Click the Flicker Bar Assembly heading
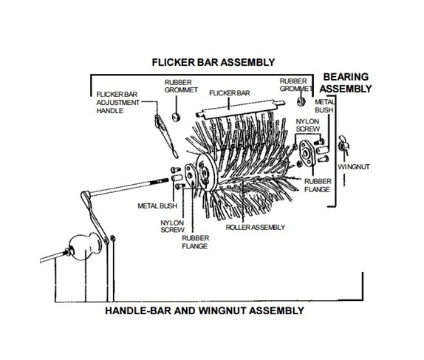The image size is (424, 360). (213, 63)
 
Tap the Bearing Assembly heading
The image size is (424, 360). (346, 83)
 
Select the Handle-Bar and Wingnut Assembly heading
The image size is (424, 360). (205, 310)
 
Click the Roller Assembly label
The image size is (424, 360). (256, 228)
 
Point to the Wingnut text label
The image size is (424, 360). (354, 167)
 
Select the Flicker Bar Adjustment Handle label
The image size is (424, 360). (118, 103)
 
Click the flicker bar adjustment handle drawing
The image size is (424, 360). (165, 135)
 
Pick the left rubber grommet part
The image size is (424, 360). (176, 118)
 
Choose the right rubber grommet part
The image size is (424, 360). (301, 101)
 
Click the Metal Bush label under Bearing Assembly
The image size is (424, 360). (324, 106)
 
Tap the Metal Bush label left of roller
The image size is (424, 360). (157, 206)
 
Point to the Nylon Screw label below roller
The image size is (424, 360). (172, 226)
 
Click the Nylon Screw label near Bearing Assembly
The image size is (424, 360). (307, 126)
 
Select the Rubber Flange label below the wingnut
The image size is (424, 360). (318, 186)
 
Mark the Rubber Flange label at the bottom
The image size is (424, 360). (195, 242)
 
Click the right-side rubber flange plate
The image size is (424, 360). (307, 153)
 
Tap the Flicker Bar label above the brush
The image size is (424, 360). (230, 93)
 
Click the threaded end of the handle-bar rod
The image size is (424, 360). (161, 180)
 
